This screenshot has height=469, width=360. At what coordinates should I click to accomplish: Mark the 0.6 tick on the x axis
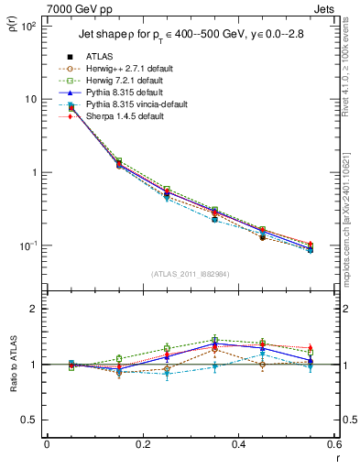pyautogui.click(x=334, y=444)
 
